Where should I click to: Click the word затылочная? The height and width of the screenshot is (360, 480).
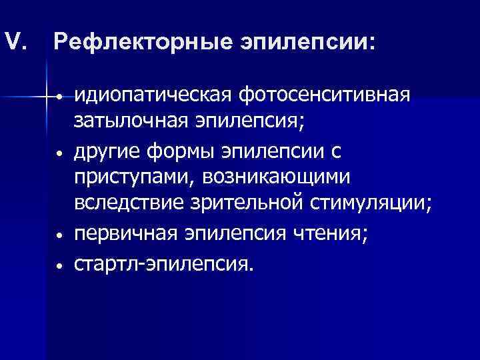point(126,123)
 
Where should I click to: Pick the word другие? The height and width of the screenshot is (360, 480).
point(103,153)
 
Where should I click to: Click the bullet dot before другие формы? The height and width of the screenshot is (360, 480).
point(60,154)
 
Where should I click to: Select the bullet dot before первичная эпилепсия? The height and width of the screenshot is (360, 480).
point(60,237)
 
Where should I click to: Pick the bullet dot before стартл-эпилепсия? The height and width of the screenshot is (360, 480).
point(60,265)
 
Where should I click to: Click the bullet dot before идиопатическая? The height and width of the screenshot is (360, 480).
point(60,99)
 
